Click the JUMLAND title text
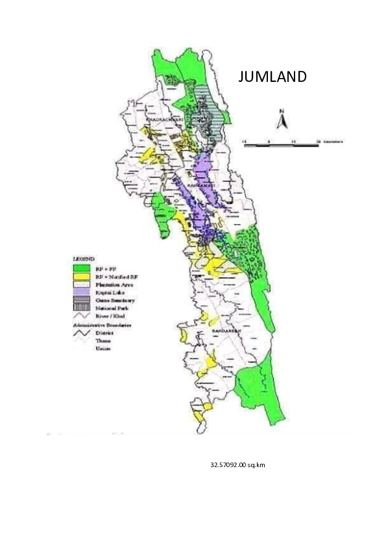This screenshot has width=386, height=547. tap(272, 77)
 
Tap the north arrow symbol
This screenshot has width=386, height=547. tap(282, 121)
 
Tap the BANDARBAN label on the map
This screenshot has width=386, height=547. tap(226, 331)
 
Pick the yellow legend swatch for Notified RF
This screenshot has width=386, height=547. tap(81, 275)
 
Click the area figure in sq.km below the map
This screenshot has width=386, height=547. tap(237, 465)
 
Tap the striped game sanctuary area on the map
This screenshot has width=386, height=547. tap(210, 107)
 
